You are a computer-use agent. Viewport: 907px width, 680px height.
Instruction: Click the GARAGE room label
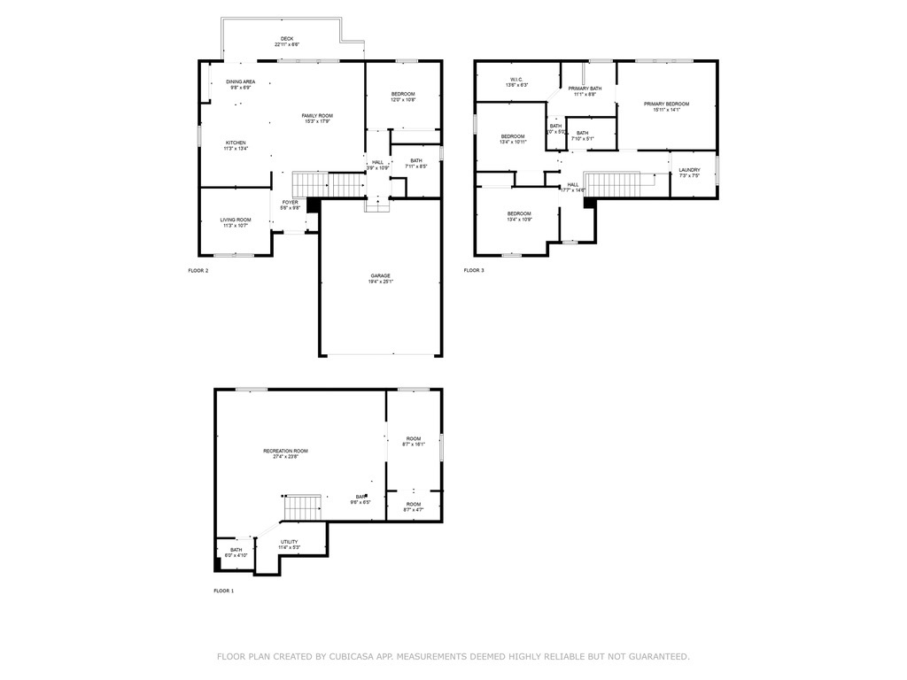click(380, 275)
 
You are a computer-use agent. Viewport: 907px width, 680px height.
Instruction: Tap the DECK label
click(287, 39)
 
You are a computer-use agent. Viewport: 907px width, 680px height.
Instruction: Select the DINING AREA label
click(241, 81)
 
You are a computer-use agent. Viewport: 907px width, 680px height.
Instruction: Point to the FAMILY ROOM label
click(317, 116)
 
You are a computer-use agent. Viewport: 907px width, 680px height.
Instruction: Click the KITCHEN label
click(236, 143)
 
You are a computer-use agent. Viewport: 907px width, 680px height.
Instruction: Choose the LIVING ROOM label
click(236, 220)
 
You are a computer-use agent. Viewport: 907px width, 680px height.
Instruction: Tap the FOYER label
click(291, 203)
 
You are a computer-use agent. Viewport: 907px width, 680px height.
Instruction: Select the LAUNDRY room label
click(689, 170)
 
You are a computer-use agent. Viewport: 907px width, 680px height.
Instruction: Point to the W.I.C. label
click(516, 80)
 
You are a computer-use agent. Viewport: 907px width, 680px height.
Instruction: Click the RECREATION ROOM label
click(285, 452)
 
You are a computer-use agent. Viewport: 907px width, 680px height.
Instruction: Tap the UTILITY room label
click(290, 542)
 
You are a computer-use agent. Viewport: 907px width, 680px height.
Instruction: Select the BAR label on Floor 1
click(361, 497)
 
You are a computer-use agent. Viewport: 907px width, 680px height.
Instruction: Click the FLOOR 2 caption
click(198, 270)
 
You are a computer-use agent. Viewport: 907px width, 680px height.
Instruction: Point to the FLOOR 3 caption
click(474, 270)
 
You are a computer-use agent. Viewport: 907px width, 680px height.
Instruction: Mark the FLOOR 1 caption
click(223, 591)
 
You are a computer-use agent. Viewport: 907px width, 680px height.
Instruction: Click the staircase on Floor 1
click(302, 509)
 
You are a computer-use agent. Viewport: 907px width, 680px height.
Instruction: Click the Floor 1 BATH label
click(236, 550)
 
